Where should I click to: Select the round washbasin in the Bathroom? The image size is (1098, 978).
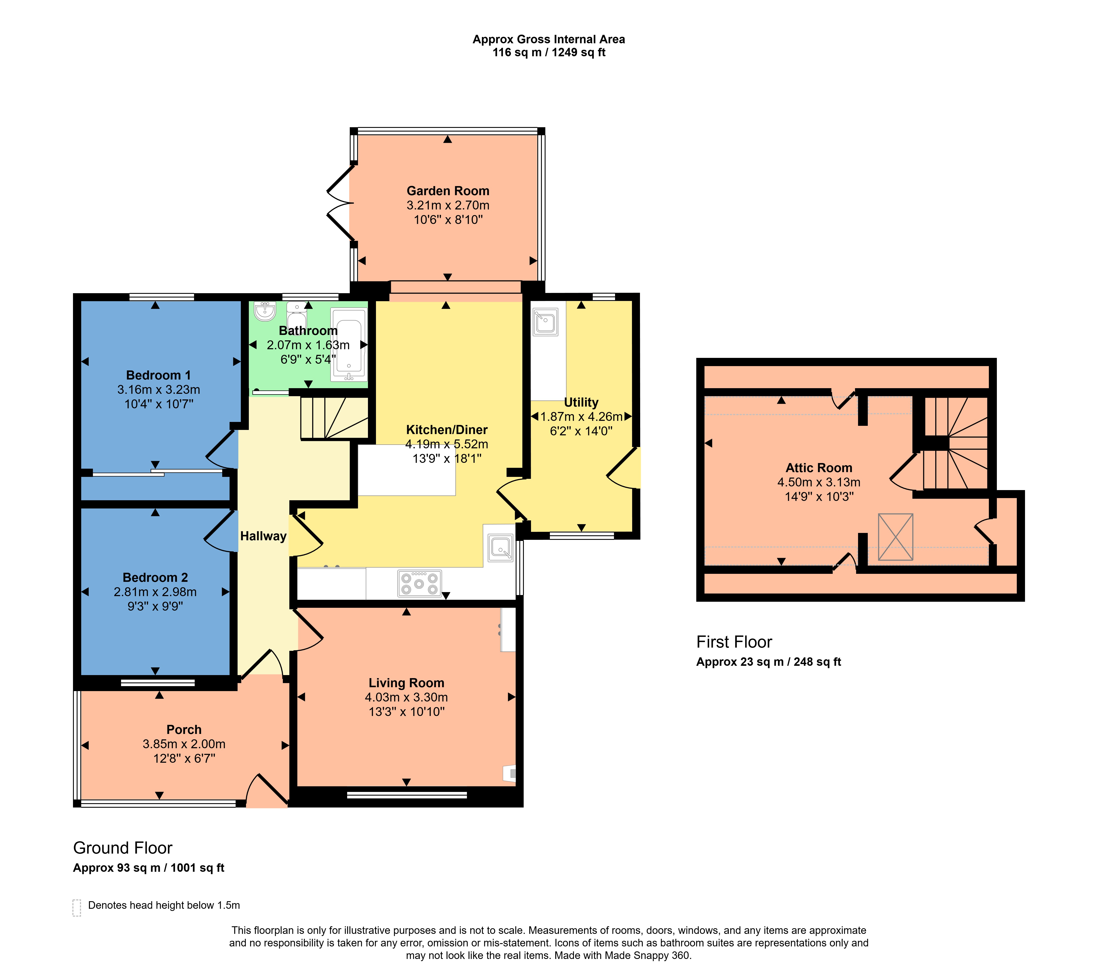(x=265, y=311)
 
